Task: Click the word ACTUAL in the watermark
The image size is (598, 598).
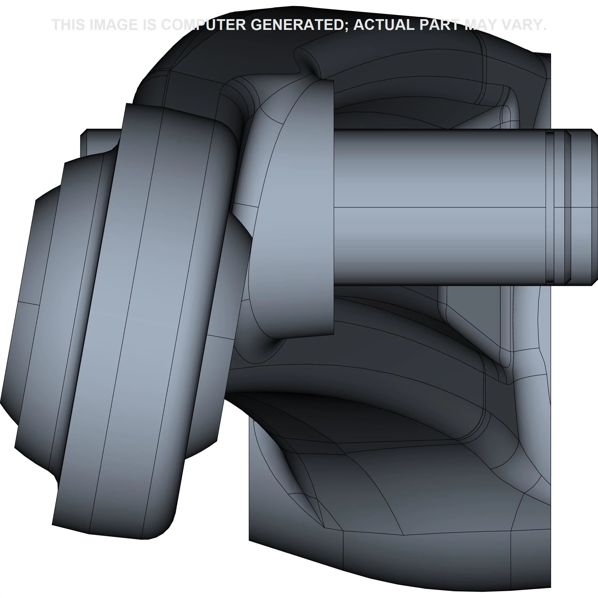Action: point(384,25)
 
